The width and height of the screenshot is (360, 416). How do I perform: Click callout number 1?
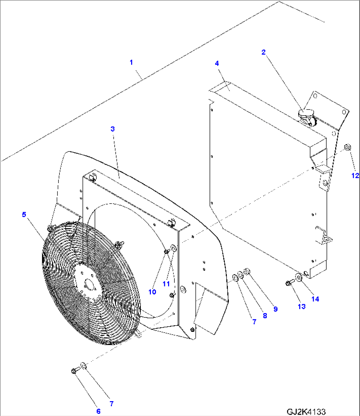pos(131,62)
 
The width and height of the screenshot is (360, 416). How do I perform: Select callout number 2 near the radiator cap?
pos(264,52)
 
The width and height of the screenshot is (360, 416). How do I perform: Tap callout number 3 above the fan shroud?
pos(113,129)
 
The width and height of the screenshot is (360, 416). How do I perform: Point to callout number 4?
pos(217,63)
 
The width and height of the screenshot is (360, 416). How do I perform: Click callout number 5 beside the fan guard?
pos(24,215)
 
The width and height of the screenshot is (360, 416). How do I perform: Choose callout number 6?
pos(98,411)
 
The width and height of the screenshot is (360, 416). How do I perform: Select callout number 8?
pos(265,315)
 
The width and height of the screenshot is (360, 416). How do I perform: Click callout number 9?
pos(275,309)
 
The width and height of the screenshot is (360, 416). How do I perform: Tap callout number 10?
pos(152,292)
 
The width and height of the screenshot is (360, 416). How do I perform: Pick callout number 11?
pos(166,284)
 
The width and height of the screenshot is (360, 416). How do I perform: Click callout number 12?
pos(355,176)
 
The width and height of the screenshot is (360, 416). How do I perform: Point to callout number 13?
pos(302,306)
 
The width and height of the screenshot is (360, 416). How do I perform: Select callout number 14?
pos(315,299)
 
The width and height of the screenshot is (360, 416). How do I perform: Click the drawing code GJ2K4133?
pos(306,412)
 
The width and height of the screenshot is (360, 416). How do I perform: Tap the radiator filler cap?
pos(306,114)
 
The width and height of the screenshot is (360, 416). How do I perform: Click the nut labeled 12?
pos(347,147)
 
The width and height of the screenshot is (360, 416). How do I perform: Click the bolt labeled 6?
pos(74,371)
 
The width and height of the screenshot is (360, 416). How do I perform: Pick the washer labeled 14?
pos(299,277)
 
